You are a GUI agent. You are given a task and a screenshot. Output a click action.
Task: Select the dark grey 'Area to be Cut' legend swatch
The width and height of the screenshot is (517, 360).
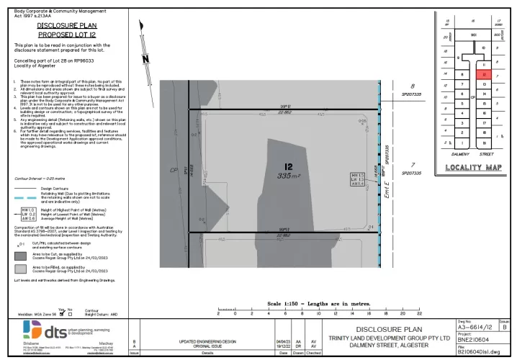pyautogui.click(x=22, y=255)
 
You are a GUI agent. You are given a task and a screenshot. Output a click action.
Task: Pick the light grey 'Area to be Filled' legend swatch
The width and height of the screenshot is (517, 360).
pyautogui.click(x=22, y=269)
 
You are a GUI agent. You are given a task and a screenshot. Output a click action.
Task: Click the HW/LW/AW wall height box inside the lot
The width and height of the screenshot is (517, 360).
pyautogui.click(x=356, y=179)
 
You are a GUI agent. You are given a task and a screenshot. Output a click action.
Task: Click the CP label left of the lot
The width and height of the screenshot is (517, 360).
pyautogui.click(x=172, y=171)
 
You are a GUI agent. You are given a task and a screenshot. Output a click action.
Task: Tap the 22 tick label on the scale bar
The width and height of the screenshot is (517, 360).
pyautogui.click(x=419, y=315)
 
